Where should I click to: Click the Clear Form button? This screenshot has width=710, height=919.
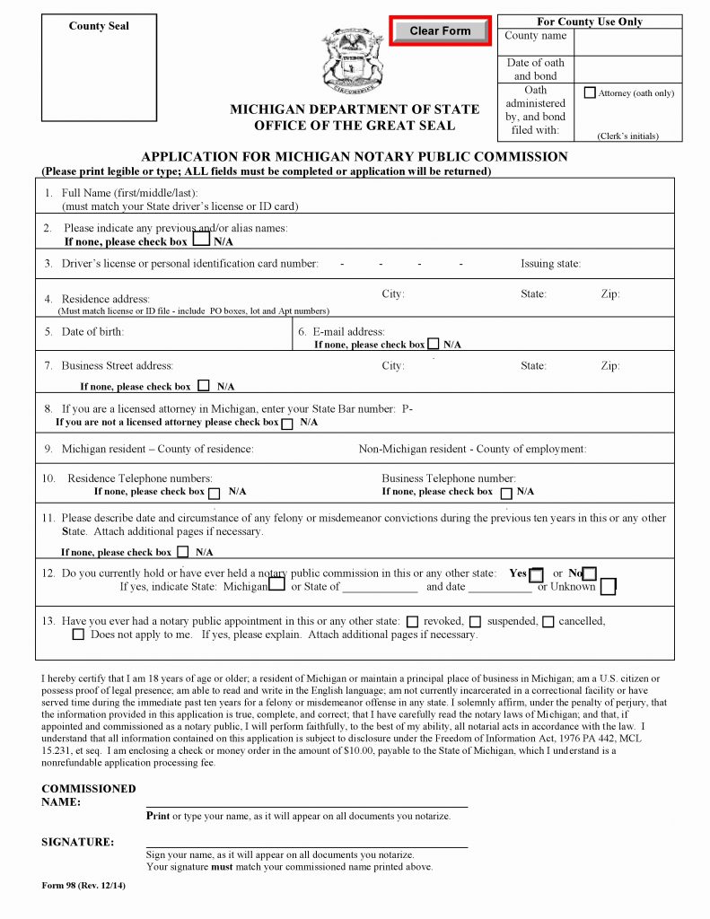440,31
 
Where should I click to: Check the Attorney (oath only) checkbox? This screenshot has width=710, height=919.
590,92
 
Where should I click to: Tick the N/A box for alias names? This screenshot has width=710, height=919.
202,240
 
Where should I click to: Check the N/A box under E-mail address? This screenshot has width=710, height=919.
434,344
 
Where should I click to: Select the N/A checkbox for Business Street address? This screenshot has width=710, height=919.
204,386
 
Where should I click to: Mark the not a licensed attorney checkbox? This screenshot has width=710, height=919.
287,424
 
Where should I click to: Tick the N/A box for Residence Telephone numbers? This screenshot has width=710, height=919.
215,493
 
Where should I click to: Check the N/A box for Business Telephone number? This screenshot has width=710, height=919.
506,493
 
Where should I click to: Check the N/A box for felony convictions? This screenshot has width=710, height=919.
183,552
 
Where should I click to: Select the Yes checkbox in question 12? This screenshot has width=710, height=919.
536,574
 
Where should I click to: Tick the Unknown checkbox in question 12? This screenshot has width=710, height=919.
608,587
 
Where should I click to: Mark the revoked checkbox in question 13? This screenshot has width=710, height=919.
413,621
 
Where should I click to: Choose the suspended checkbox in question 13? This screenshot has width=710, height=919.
475,621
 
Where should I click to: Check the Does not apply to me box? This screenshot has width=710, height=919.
78,635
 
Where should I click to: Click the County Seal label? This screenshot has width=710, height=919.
99,26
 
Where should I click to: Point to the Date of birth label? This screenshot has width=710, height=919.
92,332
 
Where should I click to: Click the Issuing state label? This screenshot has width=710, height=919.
550,264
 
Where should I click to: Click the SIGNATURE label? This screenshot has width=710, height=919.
78,842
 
